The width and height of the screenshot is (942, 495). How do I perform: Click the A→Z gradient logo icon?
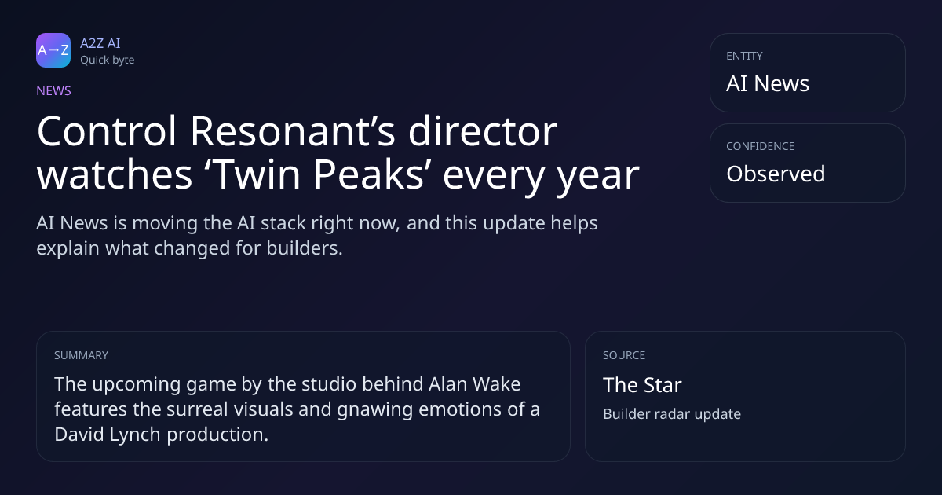point(53,50)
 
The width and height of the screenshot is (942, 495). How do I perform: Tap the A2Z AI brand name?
point(100,43)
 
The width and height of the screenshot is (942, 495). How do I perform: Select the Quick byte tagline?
point(108,60)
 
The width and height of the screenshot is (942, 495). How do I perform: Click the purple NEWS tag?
point(54,91)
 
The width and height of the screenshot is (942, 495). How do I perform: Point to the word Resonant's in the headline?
point(293,131)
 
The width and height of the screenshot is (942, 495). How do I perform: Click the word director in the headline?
point(483,131)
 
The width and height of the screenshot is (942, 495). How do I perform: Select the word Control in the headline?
point(107,131)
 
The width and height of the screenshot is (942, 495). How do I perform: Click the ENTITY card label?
point(744,56)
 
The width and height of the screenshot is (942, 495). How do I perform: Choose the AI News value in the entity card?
point(768,83)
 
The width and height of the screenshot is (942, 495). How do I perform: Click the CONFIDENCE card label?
point(761,146)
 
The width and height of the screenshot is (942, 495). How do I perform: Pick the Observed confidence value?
point(776,174)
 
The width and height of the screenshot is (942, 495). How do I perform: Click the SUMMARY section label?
point(81,355)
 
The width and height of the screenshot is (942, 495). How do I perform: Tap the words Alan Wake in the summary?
point(475,384)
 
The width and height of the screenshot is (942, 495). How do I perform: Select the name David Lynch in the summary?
point(108,434)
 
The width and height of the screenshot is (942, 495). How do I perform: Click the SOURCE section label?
point(624,355)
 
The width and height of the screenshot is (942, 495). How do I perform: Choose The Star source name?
point(642,385)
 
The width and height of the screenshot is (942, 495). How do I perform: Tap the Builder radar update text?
point(672,414)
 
